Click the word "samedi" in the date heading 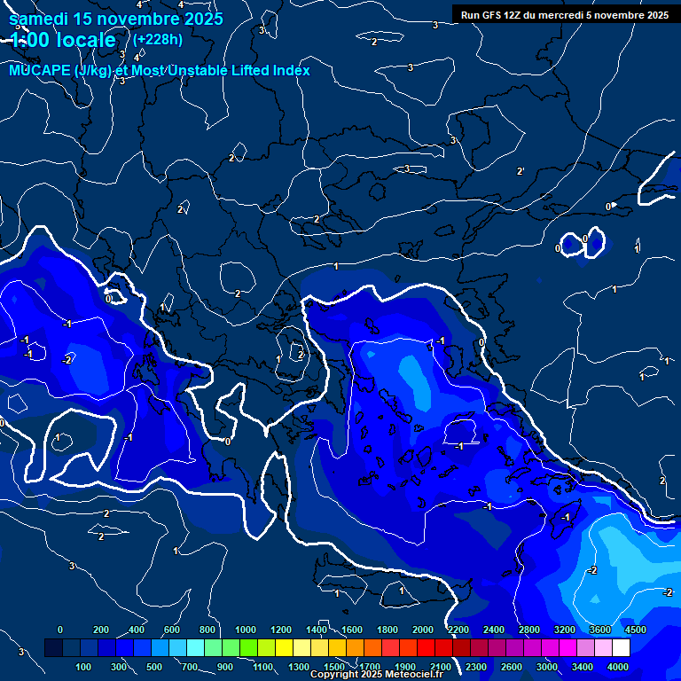tap(35, 19)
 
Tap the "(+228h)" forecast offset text tap(158, 39)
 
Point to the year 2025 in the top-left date tap(204, 19)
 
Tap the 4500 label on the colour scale tap(636, 630)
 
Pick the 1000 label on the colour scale tap(245, 630)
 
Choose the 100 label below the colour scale tap(84, 667)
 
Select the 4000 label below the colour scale tap(618, 667)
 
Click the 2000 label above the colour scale tap(423, 630)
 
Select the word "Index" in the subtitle tap(288, 70)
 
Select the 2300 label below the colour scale tap(476, 667)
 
